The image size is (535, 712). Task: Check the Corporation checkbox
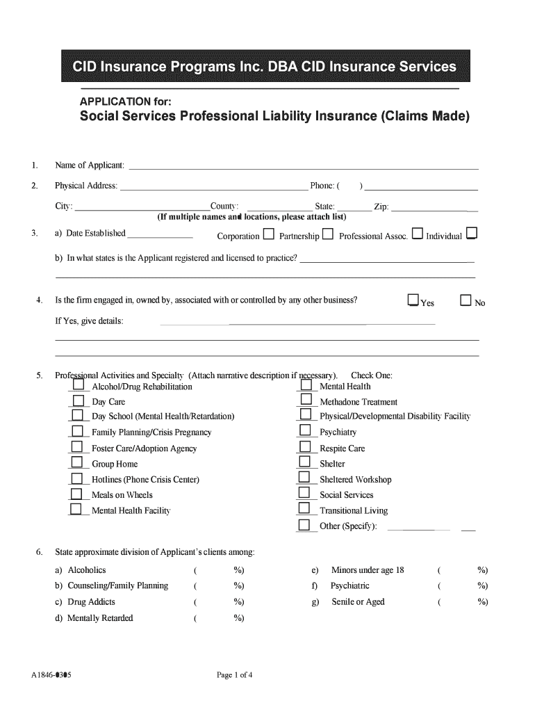pyautogui.click(x=268, y=234)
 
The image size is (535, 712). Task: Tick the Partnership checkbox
pyautogui.click(x=328, y=234)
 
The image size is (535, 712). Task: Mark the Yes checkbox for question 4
pyautogui.click(x=413, y=300)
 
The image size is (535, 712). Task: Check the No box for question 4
pyautogui.click(x=466, y=300)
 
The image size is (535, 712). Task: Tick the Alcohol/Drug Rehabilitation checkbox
pyautogui.click(x=78, y=385)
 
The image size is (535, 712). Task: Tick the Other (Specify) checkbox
pyautogui.click(x=304, y=525)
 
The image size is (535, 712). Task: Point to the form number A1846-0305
pyautogui.click(x=52, y=675)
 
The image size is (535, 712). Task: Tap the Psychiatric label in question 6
pyautogui.click(x=350, y=586)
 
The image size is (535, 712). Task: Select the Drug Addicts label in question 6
pyautogui.click(x=91, y=602)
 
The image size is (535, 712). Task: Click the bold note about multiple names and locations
pyautogui.click(x=252, y=217)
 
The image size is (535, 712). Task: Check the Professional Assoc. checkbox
pyautogui.click(x=417, y=234)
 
